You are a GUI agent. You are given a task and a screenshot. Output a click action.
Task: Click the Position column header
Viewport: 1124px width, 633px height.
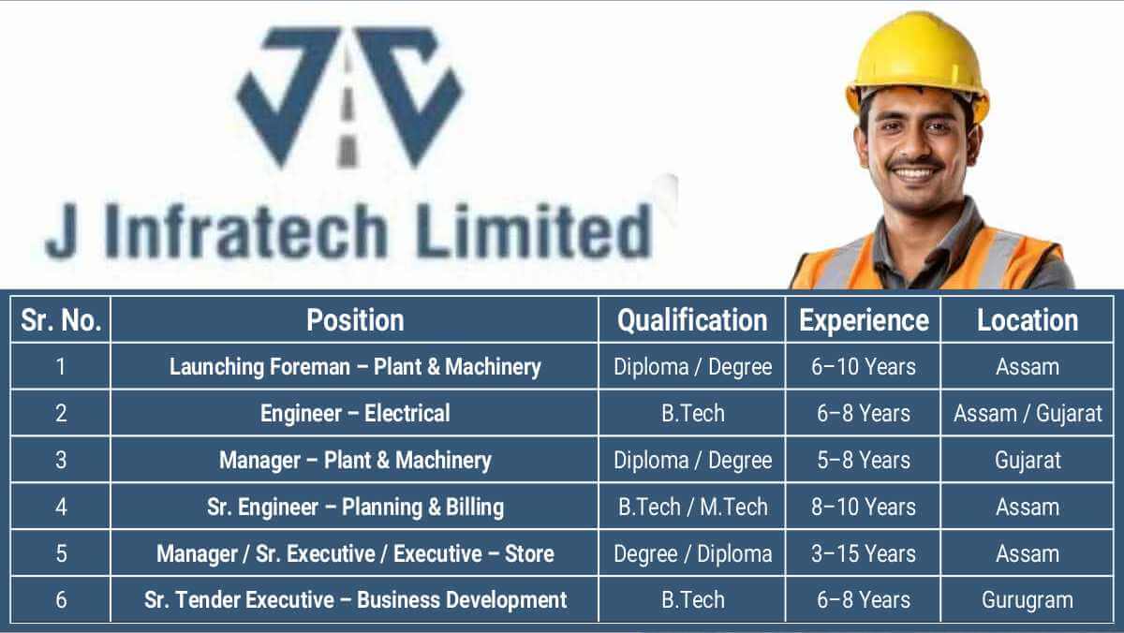click(355, 320)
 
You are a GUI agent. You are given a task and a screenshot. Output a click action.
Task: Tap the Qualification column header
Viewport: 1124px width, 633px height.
click(692, 321)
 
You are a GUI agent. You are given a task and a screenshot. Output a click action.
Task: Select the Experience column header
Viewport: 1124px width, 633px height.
click(864, 321)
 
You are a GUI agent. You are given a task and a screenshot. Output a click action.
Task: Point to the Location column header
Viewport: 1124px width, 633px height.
click(1028, 320)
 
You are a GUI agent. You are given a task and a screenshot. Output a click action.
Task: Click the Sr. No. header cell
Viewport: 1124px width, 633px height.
click(61, 320)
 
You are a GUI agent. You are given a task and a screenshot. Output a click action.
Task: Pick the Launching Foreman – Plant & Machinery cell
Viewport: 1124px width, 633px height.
click(355, 367)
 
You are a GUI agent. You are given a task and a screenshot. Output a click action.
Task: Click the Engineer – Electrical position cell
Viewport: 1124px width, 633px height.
click(355, 413)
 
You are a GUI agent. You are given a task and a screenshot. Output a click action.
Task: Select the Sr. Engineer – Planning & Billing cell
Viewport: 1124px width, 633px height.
click(355, 507)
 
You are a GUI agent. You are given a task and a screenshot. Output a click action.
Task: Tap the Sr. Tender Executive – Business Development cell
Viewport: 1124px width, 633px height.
click(355, 600)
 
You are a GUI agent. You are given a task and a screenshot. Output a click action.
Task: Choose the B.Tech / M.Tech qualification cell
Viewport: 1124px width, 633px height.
click(692, 507)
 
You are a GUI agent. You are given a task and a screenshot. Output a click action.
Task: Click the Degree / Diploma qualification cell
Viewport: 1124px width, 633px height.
click(692, 553)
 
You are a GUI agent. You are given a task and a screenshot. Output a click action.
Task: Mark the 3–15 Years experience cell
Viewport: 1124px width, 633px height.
click(863, 553)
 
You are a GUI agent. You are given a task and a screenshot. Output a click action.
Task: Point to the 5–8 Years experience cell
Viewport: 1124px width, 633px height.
click(863, 460)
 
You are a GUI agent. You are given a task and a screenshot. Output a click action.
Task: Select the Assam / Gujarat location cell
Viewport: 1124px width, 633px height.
click(1028, 414)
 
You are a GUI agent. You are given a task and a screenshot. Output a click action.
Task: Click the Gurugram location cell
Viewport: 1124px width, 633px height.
click(1028, 600)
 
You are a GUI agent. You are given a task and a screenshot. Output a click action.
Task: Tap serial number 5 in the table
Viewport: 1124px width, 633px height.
click(61, 553)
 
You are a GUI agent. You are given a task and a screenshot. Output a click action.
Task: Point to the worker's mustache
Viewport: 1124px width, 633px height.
click(915, 164)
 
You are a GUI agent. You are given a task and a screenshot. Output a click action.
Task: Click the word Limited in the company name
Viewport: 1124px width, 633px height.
click(534, 230)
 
